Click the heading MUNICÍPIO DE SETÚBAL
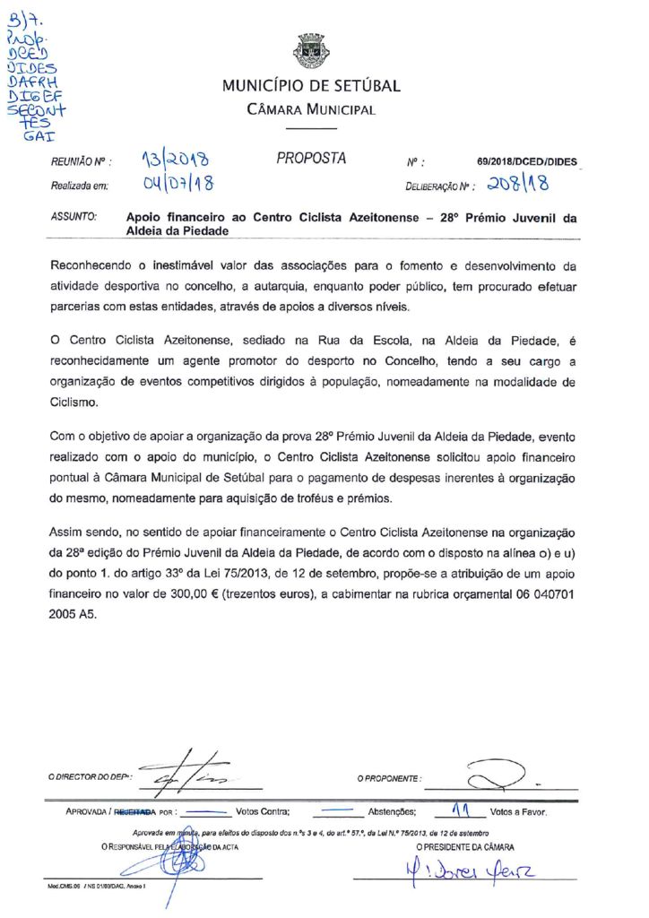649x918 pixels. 311,87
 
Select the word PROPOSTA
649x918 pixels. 311,159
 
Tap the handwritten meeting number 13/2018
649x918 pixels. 176,161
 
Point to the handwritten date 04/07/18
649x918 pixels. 176,186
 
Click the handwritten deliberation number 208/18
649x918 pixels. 520,185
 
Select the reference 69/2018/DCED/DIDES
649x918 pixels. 528,162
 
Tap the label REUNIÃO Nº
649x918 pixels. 81,163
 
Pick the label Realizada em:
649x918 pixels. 80,186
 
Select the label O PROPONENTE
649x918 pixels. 389,778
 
